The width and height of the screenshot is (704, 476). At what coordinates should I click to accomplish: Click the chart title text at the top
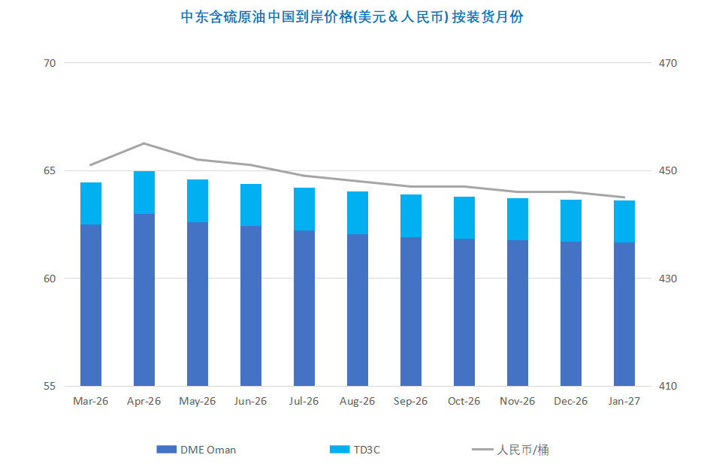tap(352, 17)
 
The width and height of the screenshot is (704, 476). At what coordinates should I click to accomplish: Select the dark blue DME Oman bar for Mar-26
tap(91, 305)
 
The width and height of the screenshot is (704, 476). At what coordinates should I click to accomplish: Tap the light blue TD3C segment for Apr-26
tap(144, 192)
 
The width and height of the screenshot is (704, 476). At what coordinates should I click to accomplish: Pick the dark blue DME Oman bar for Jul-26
tap(304, 308)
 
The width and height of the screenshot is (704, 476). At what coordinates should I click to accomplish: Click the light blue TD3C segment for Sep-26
tap(411, 215)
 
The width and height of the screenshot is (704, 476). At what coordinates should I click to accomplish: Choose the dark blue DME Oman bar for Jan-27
tap(624, 314)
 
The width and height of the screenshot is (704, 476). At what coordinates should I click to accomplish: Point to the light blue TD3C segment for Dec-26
tap(571, 221)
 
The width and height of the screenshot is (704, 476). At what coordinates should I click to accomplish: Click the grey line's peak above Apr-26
tap(144, 143)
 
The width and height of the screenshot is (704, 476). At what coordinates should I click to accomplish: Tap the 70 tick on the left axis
tap(50, 63)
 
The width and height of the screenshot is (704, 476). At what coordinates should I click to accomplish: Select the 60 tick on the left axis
tap(50, 279)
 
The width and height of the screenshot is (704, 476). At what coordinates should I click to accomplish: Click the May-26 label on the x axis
tap(198, 401)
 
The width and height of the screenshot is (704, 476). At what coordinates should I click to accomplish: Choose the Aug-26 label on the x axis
tap(358, 401)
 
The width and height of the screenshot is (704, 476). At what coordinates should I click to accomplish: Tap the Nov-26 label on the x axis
tap(518, 401)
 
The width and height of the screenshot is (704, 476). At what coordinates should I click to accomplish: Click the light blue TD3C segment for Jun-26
tap(251, 205)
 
